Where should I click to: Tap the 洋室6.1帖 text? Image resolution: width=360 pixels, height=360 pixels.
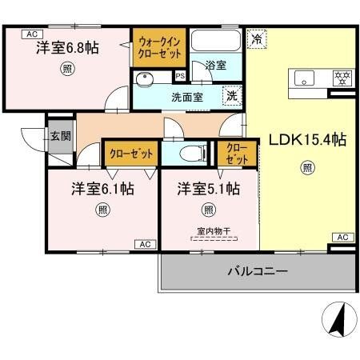point(102,189)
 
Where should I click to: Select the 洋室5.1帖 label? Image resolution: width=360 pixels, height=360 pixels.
point(208,189)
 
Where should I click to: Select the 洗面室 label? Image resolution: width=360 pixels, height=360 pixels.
point(186,97)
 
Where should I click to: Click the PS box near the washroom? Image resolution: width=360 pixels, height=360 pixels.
point(180,77)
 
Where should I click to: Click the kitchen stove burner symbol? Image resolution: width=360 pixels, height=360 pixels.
point(342,78)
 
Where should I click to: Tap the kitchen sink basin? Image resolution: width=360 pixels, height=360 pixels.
point(306,78)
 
